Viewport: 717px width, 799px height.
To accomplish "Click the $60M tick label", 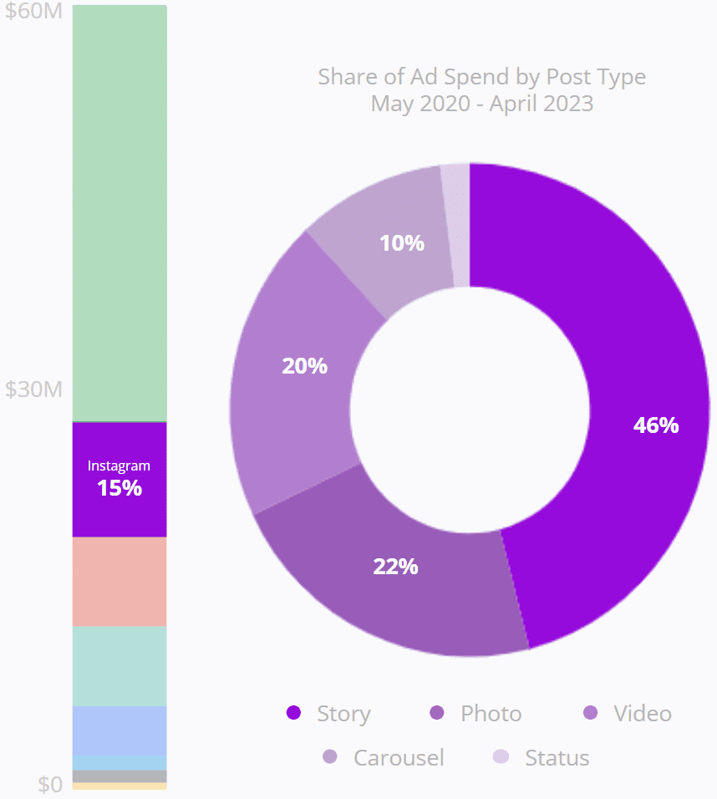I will point(33,14).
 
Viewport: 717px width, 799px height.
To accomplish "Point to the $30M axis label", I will point(33,389).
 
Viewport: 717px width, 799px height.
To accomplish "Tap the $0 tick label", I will point(50,784).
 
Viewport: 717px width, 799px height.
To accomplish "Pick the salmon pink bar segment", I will point(119,581).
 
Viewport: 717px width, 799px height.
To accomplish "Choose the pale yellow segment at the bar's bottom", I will point(119,786).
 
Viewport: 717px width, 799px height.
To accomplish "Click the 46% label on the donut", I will point(656,425).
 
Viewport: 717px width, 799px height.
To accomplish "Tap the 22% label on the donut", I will point(395,567).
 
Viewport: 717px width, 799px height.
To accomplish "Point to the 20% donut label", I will point(304,366).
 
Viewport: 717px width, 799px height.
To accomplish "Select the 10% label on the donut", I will point(402,243).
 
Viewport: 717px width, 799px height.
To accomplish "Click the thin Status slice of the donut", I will point(456,224).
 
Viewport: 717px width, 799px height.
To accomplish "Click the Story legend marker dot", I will point(293,713).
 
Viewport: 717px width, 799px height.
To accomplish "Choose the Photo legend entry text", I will point(491,714).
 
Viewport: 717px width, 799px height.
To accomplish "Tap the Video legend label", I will point(642,714).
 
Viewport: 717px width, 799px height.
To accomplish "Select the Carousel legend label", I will point(399,758).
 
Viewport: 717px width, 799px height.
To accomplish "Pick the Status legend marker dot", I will point(501,757).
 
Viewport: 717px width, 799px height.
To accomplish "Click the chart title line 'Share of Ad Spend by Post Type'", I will point(481,77).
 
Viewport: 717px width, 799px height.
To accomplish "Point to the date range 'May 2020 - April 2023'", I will point(482,104).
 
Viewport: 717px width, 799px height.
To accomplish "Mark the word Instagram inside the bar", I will point(119,466).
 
